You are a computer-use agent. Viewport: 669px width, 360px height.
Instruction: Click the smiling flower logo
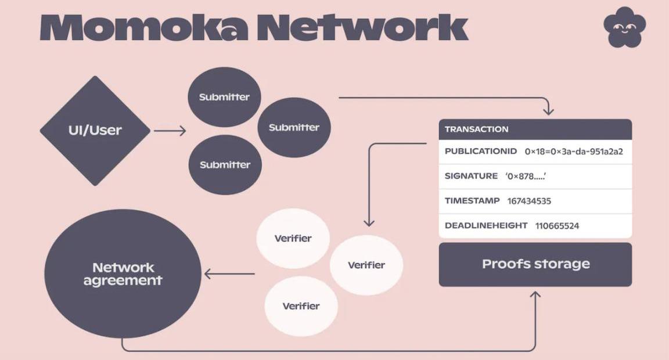coord(624,27)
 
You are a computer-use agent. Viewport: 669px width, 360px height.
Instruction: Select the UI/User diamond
coord(95,131)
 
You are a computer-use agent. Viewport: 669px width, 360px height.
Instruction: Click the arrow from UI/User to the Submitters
coord(170,131)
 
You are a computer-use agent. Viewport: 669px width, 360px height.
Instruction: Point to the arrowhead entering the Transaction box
coord(548,110)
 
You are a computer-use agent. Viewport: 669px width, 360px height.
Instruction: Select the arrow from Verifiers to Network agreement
coord(229,273)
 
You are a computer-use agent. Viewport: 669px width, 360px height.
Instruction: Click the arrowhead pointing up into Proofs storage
coord(535,296)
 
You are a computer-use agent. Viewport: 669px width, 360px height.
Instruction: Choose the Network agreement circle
coord(123,273)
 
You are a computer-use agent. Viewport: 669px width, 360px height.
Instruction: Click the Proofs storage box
coord(535,264)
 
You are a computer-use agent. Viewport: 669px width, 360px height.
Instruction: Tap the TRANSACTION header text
coord(476,129)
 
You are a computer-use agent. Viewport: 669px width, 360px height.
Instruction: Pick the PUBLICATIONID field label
coord(480,152)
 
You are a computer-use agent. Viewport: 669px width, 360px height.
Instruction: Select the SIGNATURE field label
coord(471,176)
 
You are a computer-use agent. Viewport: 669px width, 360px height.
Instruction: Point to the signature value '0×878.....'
coord(526,177)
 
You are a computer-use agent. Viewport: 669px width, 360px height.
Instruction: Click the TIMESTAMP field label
coord(472,201)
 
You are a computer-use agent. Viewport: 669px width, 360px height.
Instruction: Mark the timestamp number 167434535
coord(529,201)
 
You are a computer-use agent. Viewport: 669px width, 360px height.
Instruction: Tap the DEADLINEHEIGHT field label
coord(486,225)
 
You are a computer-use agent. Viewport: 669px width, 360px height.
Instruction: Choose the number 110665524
coord(557,226)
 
